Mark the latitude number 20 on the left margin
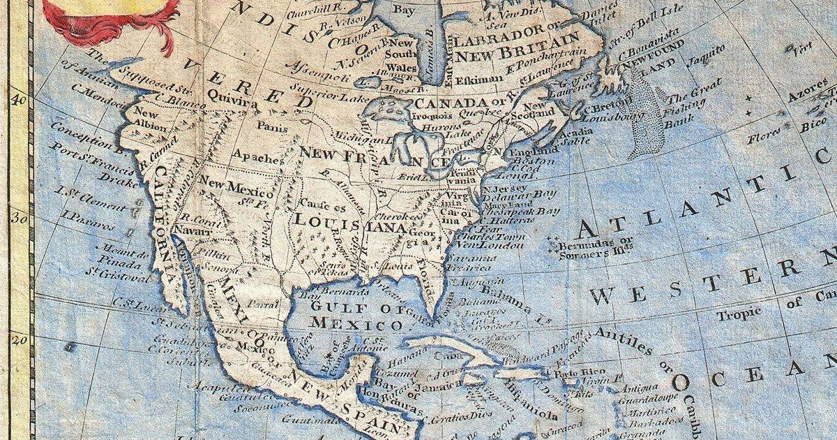point(20,340)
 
